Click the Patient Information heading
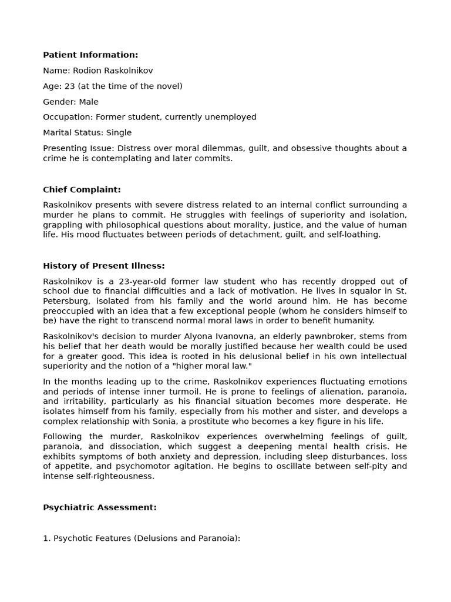click(90, 55)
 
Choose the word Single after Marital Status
click(119, 133)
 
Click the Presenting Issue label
click(74, 148)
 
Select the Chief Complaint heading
click(82, 189)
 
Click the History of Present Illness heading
click(104, 266)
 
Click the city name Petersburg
click(66, 301)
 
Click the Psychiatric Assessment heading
click(100, 507)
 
